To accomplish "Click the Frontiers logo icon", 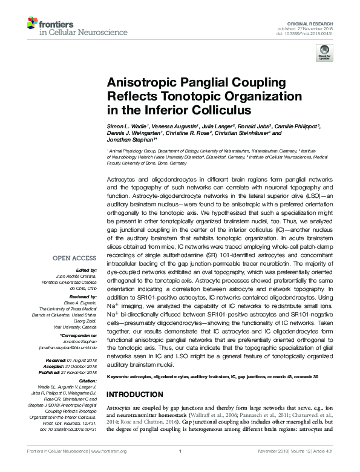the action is coord(32,24).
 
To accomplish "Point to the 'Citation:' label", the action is coord(88,381).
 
